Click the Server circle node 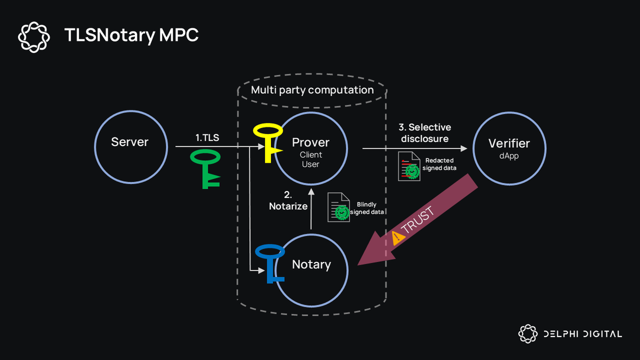(x=130, y=142)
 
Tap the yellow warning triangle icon (x=398, y=238)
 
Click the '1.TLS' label (x=206, y=138)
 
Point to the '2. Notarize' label (x=288, y=201)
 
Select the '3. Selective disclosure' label (x=425, y=133)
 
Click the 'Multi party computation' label (x=312, y=90)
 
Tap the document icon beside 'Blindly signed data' (x=339, y=207)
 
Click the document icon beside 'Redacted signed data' (x=409, y=167)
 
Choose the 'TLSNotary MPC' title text (x=131, y=35)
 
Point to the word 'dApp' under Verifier (x=509, y=157)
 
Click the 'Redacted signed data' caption (x=439, y=164)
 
